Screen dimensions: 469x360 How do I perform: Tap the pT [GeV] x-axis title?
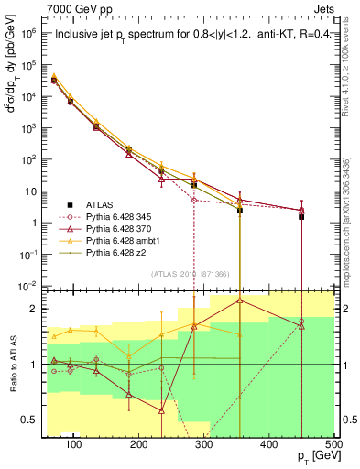point(311,456)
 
